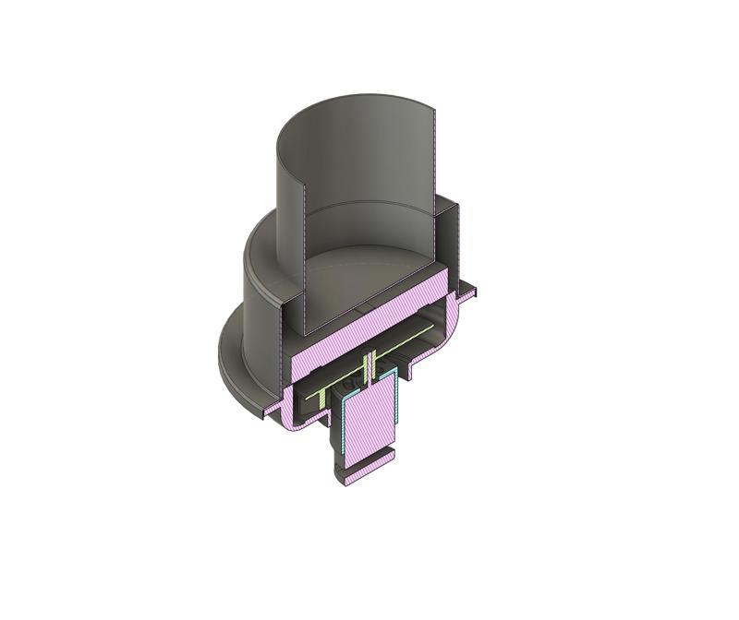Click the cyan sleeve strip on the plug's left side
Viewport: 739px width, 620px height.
tap(345, 434)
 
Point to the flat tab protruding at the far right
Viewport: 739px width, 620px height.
tap(470, 294)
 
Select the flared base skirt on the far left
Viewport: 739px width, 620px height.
tap(231, 369)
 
